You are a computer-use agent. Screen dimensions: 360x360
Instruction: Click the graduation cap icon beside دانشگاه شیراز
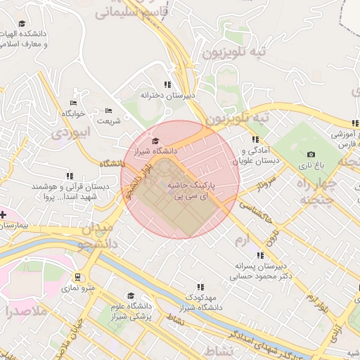pyautogui.click(x=155, y=141)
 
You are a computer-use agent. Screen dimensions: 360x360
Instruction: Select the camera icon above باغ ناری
pyautogui.click(x=311, y=154)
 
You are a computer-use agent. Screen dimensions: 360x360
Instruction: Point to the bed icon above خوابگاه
pyautogui.click(x=73, y=103)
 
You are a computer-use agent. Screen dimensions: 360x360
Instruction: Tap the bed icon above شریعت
pyautogui.click(x=108, y=110)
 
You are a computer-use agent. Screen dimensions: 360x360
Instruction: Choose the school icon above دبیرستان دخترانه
pyautogui.click(x=167, y=84)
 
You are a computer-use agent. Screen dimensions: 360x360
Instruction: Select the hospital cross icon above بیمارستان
pyautogui.click(x=2, y=214)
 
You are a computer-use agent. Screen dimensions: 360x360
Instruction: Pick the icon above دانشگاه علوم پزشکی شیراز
pyautogui.click(x=130, y=296)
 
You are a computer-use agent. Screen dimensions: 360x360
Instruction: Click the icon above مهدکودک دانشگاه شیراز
pyautogui.click(x=200, y=287)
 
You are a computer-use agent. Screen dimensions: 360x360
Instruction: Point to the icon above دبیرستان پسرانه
pyautogui.click(x=260, y=256)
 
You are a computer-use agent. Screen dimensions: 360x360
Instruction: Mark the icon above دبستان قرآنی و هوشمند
pyautogui.click(x=69, y=176)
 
